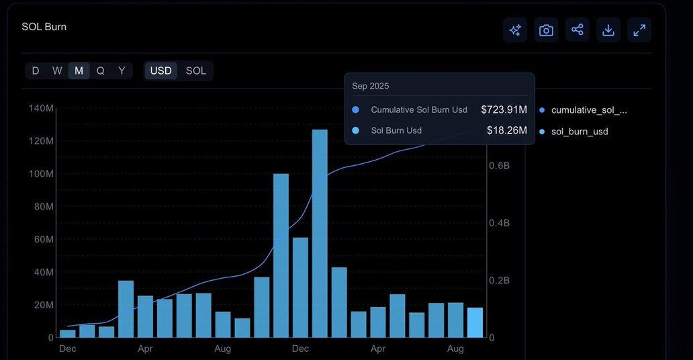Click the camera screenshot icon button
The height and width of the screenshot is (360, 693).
coord(546,30)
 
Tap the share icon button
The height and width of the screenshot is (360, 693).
coord(577,30)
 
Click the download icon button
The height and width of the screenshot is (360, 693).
coord(608,30)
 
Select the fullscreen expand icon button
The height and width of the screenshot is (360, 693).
coord(639,30)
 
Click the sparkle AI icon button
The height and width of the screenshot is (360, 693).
coord(515,30)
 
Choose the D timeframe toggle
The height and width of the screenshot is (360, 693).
coord(36,71)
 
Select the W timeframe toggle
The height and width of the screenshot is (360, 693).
coord(57,71)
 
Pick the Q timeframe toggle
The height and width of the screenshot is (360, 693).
coord(100,71)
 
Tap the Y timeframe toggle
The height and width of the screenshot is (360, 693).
coord(122,71)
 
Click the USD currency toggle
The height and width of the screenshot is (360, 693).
coord(161,71)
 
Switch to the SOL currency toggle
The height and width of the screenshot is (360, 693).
coord(196,71)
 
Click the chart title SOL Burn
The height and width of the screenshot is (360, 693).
coord(44,27)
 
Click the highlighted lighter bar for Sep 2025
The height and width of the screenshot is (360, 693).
coord(475,322)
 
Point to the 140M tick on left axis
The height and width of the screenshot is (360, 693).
coord(41,108)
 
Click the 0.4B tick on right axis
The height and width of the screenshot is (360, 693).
coord(499,222)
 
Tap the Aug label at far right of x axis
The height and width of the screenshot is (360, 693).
coord(455,349)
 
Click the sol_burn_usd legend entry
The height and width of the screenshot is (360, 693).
coord(579,132)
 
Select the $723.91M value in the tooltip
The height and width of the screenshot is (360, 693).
coord(504,109)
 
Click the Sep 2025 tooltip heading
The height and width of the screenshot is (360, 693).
coord(370,86)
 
